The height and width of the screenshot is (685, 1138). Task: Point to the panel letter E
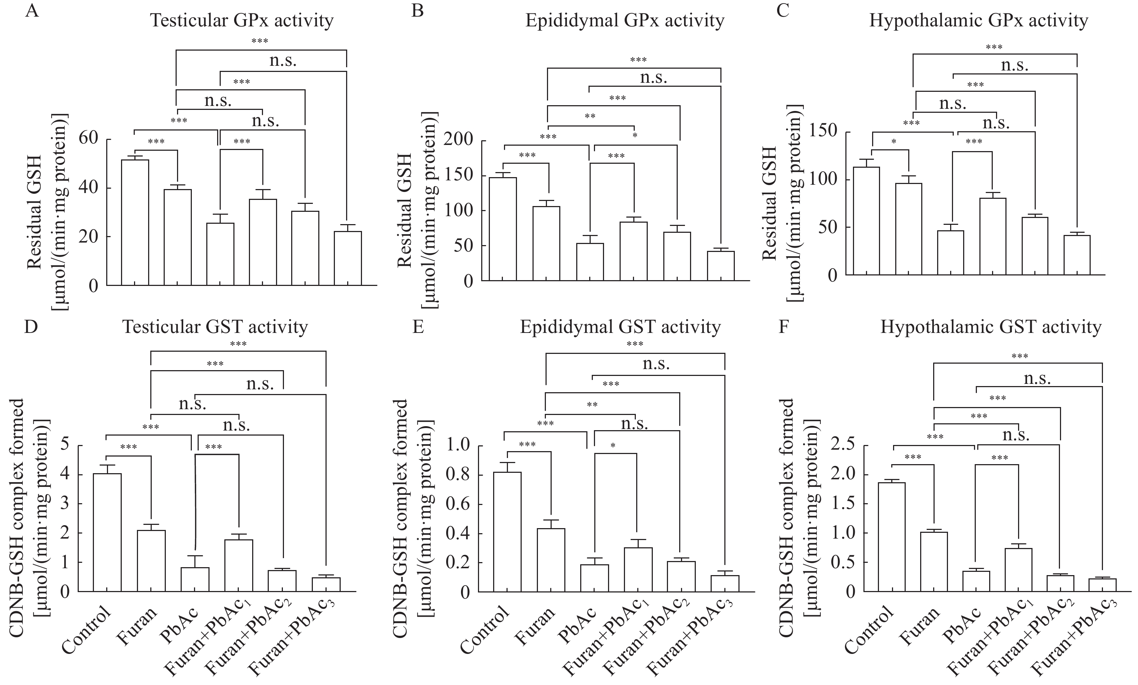418,327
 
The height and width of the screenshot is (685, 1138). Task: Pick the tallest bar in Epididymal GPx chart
503,229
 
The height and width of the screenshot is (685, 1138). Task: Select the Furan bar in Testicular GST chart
151,561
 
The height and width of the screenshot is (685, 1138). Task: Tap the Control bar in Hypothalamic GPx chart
866,221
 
